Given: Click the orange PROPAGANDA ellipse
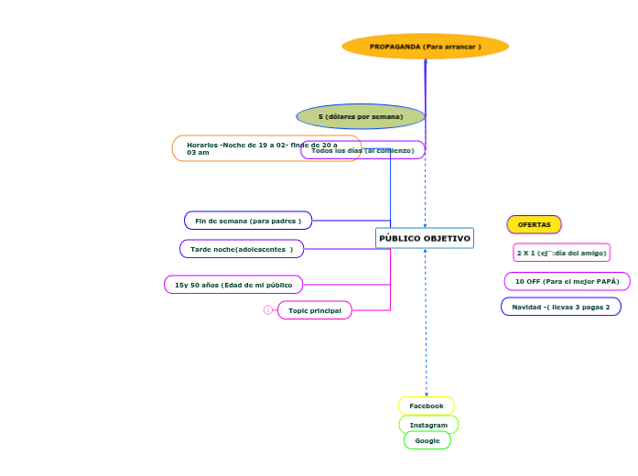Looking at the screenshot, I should pyautogui.click(x=425, y=46).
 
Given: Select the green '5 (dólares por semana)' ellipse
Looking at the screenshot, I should pyautogui.click(x=361, y=116).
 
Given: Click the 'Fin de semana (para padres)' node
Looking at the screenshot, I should pyautogui.click(x=248, y=221).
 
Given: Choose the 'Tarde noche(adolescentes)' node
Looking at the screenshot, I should pyautogui.click(x=242, y=249).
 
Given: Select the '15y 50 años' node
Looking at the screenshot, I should pyautogui.click(x=233, y=285).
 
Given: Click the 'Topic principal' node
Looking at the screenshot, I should pyautogui.click(x=315, y=310).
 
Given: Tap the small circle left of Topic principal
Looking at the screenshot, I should pyautogui.click(x=268, y=310).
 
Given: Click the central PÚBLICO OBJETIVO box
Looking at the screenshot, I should pyautogui.click(x=425, y=238).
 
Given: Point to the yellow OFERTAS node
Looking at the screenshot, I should pyautogui.click(x=535, y=224).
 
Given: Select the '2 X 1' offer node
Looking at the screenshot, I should pyautogui.click(x=561, y=253).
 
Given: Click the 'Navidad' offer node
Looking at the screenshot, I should pyautogui.click(x=560, y=307).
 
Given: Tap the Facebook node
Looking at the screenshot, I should pyautogui.click(x=427, y=406).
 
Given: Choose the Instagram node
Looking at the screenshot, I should pyautogui.click(x=428, y=425).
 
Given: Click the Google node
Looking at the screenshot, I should pyautogui.click(x=427, y=440).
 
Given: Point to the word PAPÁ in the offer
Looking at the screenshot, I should pyautogui.click(x=607, y=281).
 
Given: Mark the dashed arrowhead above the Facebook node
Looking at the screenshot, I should pyautogui.click(x=426, y=394).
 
